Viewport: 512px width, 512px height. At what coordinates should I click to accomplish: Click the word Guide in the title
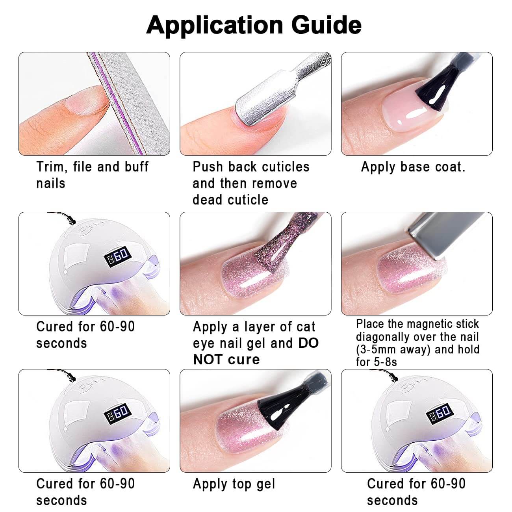coord(326,24)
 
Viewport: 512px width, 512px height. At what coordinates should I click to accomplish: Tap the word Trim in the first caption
coord(52,167)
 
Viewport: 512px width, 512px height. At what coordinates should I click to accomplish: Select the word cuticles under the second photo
coord(286,167)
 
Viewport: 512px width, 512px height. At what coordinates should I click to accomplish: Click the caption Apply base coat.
coord(413,167)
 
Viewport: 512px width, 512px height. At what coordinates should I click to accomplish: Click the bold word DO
coord(308,343)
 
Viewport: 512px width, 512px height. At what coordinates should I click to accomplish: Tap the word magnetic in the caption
coord(430,324)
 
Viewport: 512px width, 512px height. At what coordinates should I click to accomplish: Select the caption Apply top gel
coord(234,484)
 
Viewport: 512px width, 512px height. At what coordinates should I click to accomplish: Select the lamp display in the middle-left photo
coord(117,257)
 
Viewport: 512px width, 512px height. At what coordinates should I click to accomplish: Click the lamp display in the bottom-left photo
coord(117,414)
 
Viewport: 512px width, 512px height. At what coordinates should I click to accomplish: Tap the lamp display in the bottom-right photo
coord(440,414)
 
